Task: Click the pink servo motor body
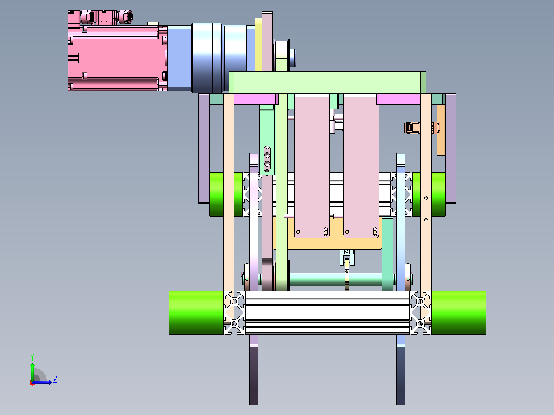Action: (x=117, y=58)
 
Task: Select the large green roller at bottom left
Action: (x=196, y=313)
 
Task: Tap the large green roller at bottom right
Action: (x=458, y=313)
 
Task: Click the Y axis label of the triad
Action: (x=32, y=357)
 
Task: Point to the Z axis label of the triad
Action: (x=55, y=380)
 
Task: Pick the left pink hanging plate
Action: (x=312, y=166)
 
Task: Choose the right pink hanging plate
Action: (x=361, y=166)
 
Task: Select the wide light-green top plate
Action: (x=327, y=83)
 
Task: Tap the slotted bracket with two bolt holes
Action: (x=267, y=159)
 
